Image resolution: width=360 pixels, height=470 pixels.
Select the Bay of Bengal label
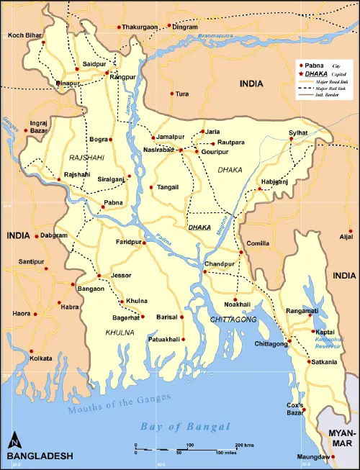click(x=185, y=426)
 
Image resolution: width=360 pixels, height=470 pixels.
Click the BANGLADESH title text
click(x=40, y=456)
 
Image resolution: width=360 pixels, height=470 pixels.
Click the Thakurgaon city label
click(x=140, y=27)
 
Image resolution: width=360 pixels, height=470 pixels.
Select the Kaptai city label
click(x=324, y=331)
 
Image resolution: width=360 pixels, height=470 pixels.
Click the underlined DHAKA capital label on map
click(x=199, y=227)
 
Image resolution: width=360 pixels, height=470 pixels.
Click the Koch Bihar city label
click(x=24, y=35)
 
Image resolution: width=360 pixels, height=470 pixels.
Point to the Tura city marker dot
click(x=172, y=94)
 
